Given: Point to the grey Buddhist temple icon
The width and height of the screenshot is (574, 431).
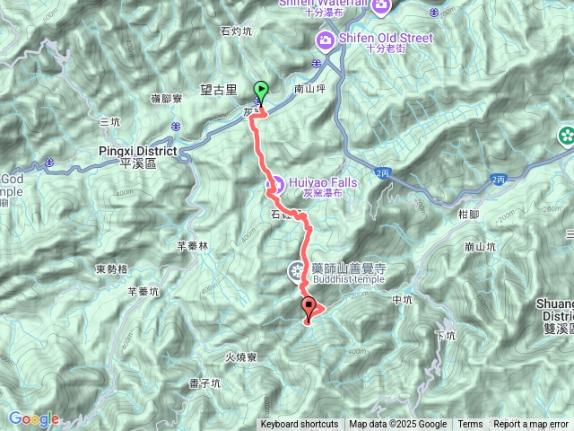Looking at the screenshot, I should tap(296, 269).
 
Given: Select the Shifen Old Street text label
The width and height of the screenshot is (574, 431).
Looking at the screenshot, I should tap(386, 38).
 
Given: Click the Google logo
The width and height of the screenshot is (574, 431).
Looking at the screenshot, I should tap(33, 418).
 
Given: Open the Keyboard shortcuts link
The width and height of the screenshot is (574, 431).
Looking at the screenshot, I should tap(300, 425).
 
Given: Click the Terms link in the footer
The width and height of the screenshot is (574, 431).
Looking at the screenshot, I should tap(470, 425).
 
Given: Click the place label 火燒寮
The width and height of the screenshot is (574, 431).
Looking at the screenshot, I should tap(240, 357).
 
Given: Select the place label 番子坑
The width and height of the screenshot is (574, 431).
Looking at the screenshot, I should tap(204, 383).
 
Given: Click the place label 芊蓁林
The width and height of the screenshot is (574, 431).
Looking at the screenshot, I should tap(193, 245).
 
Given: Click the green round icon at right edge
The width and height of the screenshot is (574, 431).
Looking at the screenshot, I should tap(566, 136).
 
